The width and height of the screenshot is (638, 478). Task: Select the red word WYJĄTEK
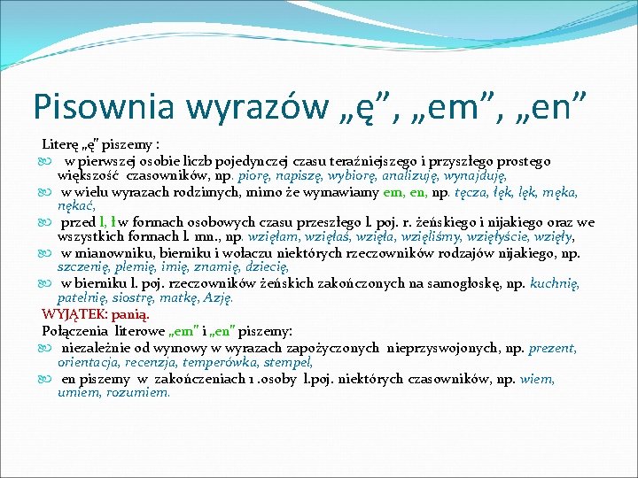(x=73, y=314)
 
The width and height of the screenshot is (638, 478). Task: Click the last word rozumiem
(x=141, y=392)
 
